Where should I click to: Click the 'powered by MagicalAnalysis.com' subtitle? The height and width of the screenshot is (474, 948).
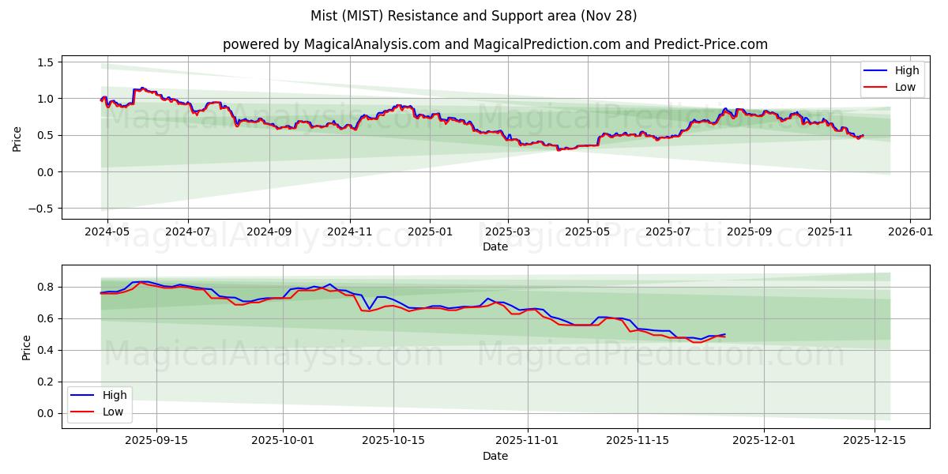[x=495, y=44]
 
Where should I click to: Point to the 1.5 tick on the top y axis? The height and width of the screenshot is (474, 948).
[x=46, y=62]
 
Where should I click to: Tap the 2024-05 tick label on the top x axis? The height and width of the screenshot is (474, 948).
[x=107, y=232]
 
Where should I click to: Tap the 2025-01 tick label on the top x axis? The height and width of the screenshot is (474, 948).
[x=430, y=232]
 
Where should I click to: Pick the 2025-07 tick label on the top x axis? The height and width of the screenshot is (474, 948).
[x=668, y=232]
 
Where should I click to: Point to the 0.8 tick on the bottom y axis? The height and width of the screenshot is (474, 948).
[x=46, y=287]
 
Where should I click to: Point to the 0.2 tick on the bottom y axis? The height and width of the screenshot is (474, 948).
[x=46, y=382]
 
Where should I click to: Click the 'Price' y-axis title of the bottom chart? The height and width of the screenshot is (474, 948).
[x=27, y=347]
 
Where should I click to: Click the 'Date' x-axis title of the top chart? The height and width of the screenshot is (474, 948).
[x=495, y=246]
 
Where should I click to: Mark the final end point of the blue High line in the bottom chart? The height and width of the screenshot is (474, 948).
[x=724, y=334]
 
